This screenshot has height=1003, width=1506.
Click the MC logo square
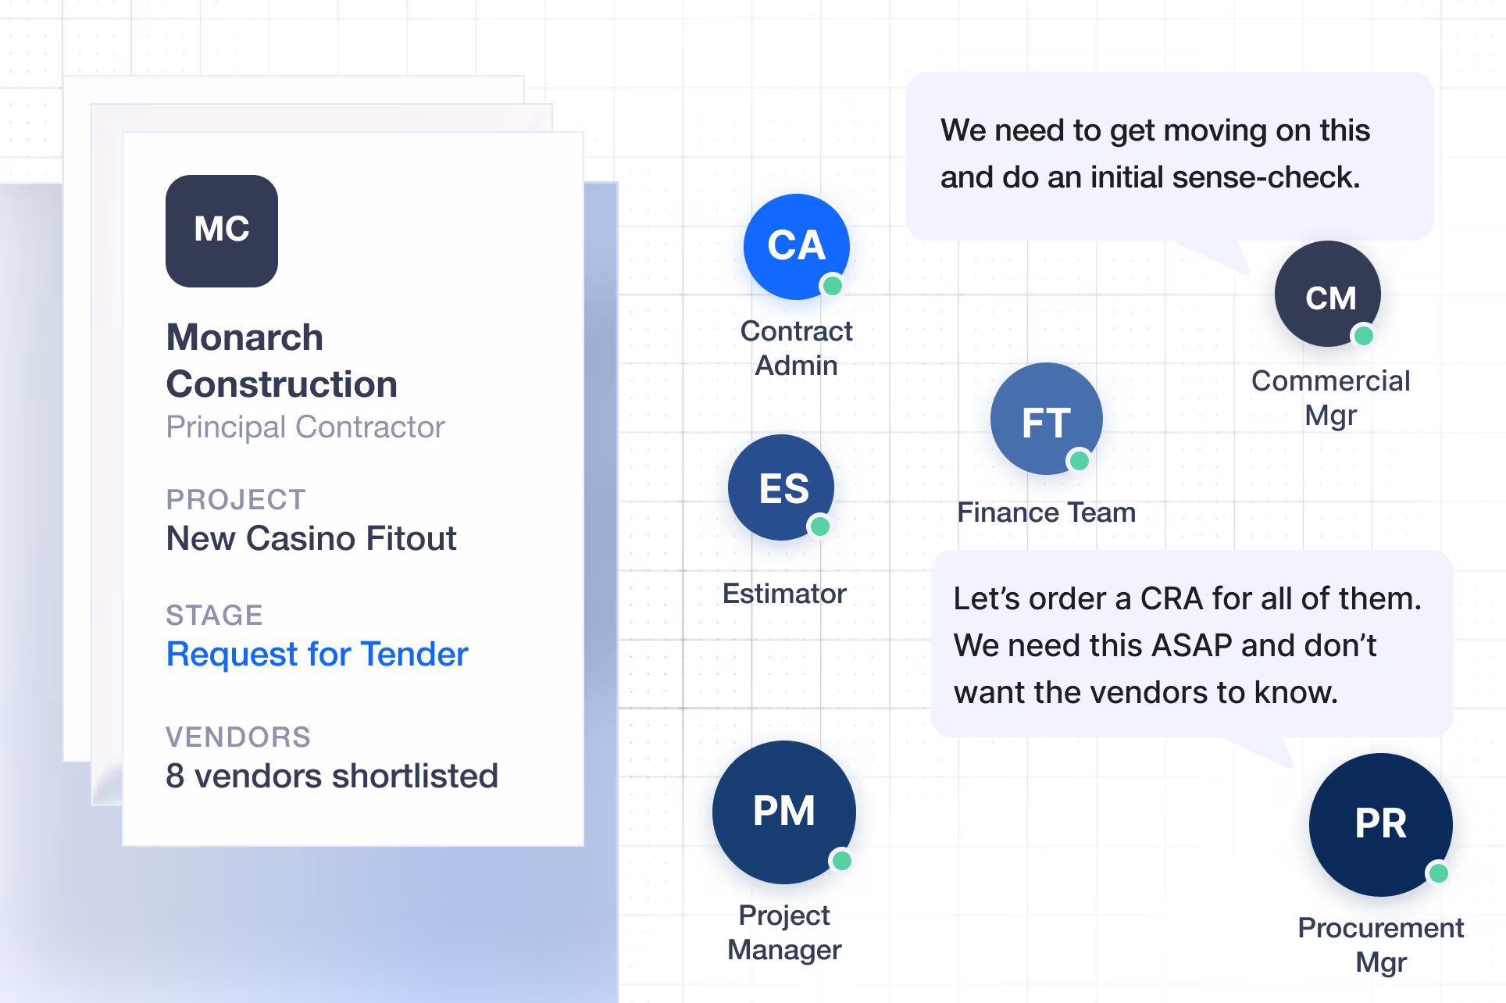[222, 231]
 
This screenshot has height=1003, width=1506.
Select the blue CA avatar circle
[797, 247]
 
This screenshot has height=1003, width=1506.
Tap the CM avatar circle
[1328, 294]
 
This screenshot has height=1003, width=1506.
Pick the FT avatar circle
[1047, 419]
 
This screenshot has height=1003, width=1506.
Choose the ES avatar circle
[781, 487]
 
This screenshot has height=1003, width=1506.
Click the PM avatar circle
[784, 812]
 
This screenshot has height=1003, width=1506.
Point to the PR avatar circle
[1381, 825]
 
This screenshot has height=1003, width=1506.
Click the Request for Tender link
[317, 655]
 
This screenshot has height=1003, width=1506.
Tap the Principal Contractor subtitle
[305, 427]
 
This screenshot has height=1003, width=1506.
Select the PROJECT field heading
[236, 500]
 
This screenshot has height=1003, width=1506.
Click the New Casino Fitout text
[312, 539]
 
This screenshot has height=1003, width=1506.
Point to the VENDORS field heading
[238, 737]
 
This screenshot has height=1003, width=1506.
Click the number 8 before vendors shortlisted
[175, 776]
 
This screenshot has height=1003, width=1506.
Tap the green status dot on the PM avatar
[842, 861]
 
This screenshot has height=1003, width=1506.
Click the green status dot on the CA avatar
[833, 286]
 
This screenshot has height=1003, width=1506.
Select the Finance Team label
[1047, 512]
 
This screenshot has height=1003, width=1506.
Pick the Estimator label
[784, 594]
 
